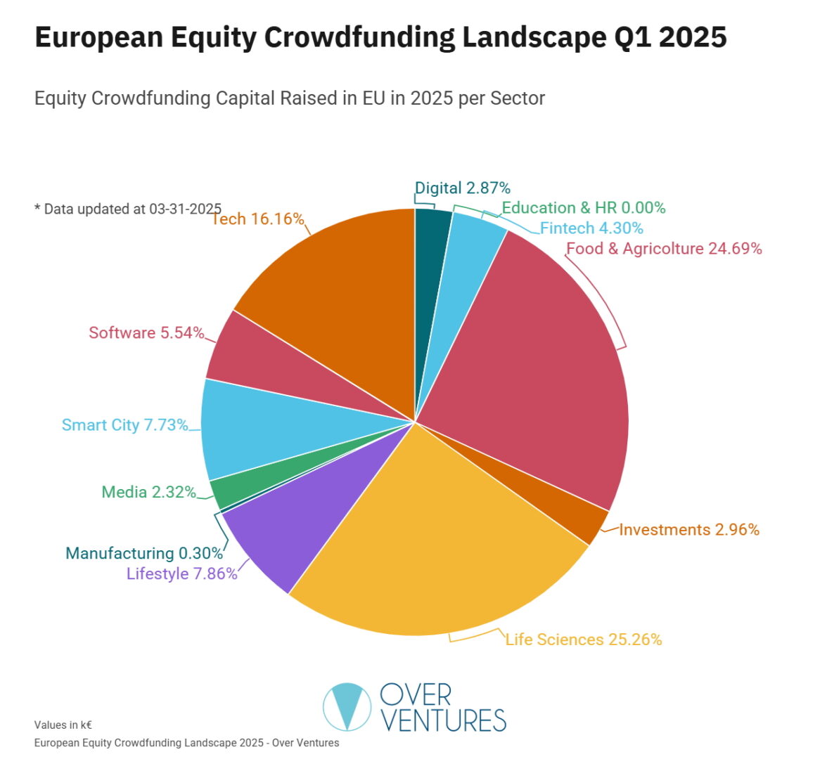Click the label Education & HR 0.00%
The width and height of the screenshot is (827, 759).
[583, 208]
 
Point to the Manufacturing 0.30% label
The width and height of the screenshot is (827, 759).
[144, 553]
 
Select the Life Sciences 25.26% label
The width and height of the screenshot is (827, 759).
[583, 640]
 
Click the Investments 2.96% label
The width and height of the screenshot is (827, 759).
[688, 530]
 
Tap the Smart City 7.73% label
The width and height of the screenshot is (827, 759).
[124, 425]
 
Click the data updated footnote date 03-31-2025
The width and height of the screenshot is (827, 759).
[185, 209]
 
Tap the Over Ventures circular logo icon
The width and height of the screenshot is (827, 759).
[347, 706]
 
